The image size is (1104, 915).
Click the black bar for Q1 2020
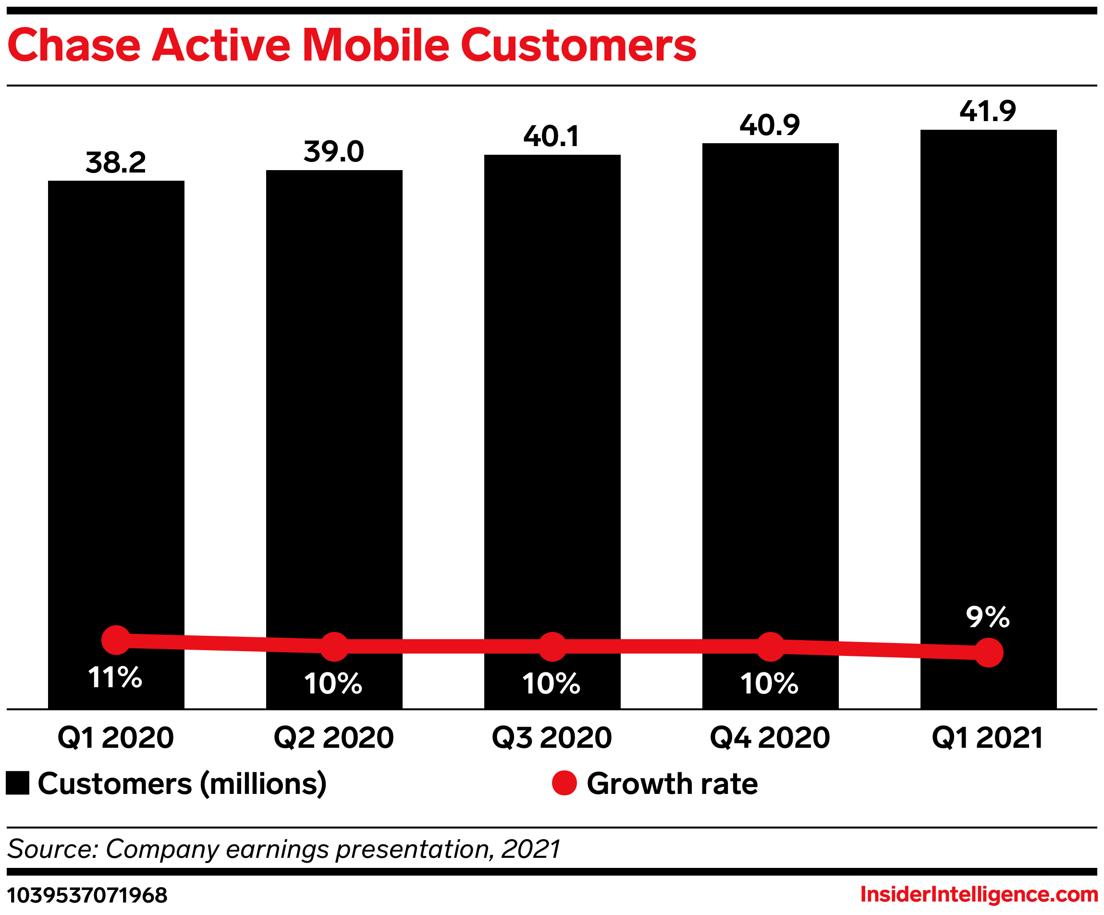coord(116,400)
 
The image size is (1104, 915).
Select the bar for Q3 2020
coord(552,389)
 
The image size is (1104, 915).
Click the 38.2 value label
coord(116,162)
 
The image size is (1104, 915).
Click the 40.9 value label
coord(770,125)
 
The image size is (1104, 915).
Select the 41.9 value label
coord(988,111)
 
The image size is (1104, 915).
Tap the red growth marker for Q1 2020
coord(116,640)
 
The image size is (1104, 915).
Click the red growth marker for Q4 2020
coord(770,647)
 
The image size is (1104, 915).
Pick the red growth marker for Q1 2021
coord(988,653)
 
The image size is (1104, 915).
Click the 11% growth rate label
coord(115,677)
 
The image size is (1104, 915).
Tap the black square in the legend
coord(17,783)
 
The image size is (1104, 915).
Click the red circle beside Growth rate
coord(564,783)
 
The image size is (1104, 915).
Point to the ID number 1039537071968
coord(87,895)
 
